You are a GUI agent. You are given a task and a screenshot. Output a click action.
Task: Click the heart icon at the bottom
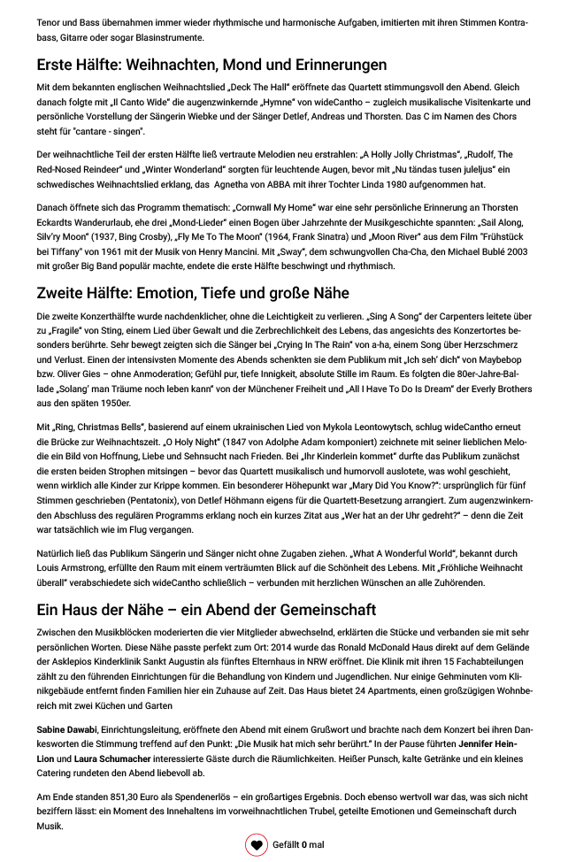pos(257,845)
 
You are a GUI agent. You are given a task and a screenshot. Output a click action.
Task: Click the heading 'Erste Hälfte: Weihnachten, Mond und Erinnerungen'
pos(211,65)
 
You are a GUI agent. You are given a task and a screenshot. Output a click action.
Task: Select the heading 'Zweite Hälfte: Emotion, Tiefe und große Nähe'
pos(193,293)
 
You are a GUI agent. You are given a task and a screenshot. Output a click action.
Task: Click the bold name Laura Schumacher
pos(111,758)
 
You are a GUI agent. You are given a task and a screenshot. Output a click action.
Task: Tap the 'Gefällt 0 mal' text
pos(298,845)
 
